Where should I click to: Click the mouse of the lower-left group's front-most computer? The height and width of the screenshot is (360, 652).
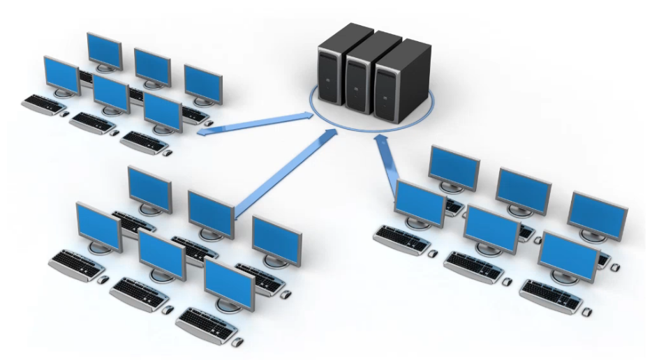click(237, 341)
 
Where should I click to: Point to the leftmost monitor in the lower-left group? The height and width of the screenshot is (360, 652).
click(98, 227)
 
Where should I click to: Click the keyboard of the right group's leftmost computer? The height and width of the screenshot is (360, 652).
click(401, 239)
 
